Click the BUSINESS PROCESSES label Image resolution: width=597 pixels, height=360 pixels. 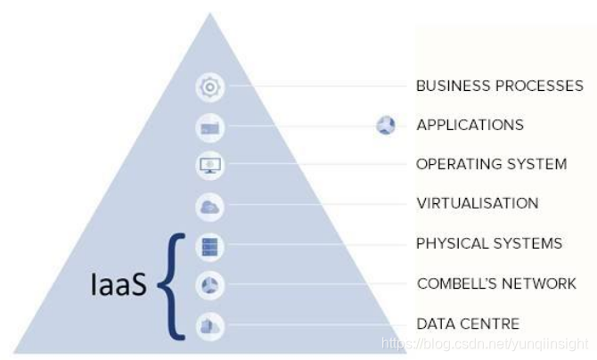[x=500, y=86]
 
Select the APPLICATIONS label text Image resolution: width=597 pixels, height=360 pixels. [x=470, y=126]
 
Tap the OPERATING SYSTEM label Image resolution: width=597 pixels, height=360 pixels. [x=491, y=165]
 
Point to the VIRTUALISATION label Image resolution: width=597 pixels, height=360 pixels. [x=477, y=203]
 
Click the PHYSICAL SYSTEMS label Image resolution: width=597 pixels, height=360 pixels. [x=489, y=243]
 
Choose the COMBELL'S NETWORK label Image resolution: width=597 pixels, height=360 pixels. [x=496, y=284]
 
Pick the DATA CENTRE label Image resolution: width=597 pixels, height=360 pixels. [x=468, y=323]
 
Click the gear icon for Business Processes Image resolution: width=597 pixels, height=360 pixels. [x=210, y=87]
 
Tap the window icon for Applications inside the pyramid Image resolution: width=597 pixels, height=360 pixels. [x=210, y=127]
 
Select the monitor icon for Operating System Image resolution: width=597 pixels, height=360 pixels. [x=210, y=166]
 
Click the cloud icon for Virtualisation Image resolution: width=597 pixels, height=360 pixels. [x=210, y=207]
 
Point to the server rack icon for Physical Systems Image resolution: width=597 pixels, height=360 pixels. [x=210, y=246]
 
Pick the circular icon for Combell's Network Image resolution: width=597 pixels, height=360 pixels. [x=210, y=286]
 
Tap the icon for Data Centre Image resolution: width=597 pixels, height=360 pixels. [x=210, y=326]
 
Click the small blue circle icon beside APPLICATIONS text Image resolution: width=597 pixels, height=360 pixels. [x=386, y=126]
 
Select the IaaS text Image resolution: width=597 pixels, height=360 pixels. [x=119, y=284]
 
